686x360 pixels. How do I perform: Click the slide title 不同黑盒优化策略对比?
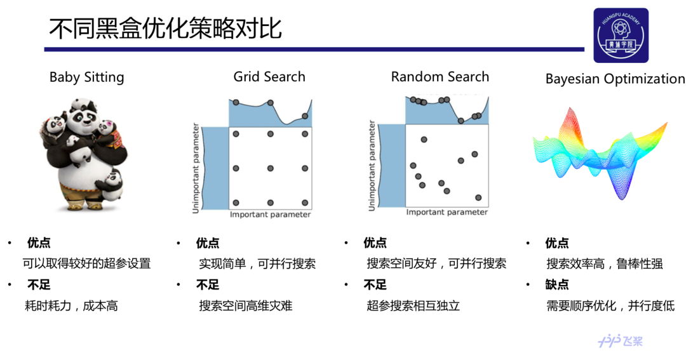point(165,29)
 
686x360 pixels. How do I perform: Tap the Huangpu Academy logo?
point(621,36)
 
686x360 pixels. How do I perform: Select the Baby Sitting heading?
point(87,77)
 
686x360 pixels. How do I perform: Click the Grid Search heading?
point(269,77)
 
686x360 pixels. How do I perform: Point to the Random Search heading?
point(440,77)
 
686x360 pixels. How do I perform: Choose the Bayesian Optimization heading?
point(615,79)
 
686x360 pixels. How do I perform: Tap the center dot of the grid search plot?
point(271,168)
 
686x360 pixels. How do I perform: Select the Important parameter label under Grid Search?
point(271,215)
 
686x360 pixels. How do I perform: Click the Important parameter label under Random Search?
point(447,212)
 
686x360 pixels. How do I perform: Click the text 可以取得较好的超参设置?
point(86,263)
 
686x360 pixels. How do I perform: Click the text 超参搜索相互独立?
point(413,305)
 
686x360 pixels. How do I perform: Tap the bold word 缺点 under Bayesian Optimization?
point(557,284)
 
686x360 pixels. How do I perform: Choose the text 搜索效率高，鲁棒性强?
point(605,263)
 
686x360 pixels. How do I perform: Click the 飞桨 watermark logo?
point(621,341)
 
